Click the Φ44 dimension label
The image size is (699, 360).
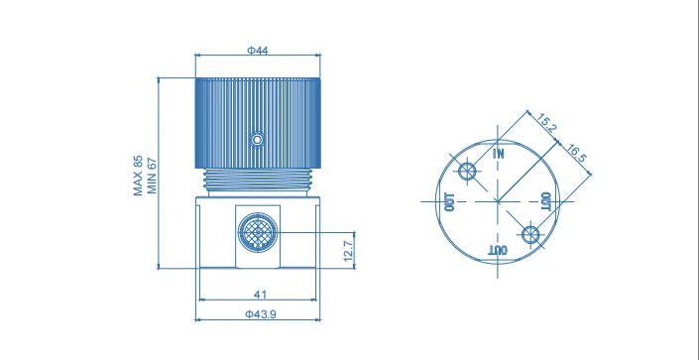point(258,51)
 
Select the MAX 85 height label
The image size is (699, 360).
point(138,176)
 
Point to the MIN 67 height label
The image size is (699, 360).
point(152,176)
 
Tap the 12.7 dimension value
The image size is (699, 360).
point(349,250)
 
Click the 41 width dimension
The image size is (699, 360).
point(260,295)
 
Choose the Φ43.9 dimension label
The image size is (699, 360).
point(261,314)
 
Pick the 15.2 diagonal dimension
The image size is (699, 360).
point(546,123)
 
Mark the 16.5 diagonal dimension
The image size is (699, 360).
point(577,154)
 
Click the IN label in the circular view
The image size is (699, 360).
point(499,154)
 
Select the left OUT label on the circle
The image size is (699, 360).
point(450,202)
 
